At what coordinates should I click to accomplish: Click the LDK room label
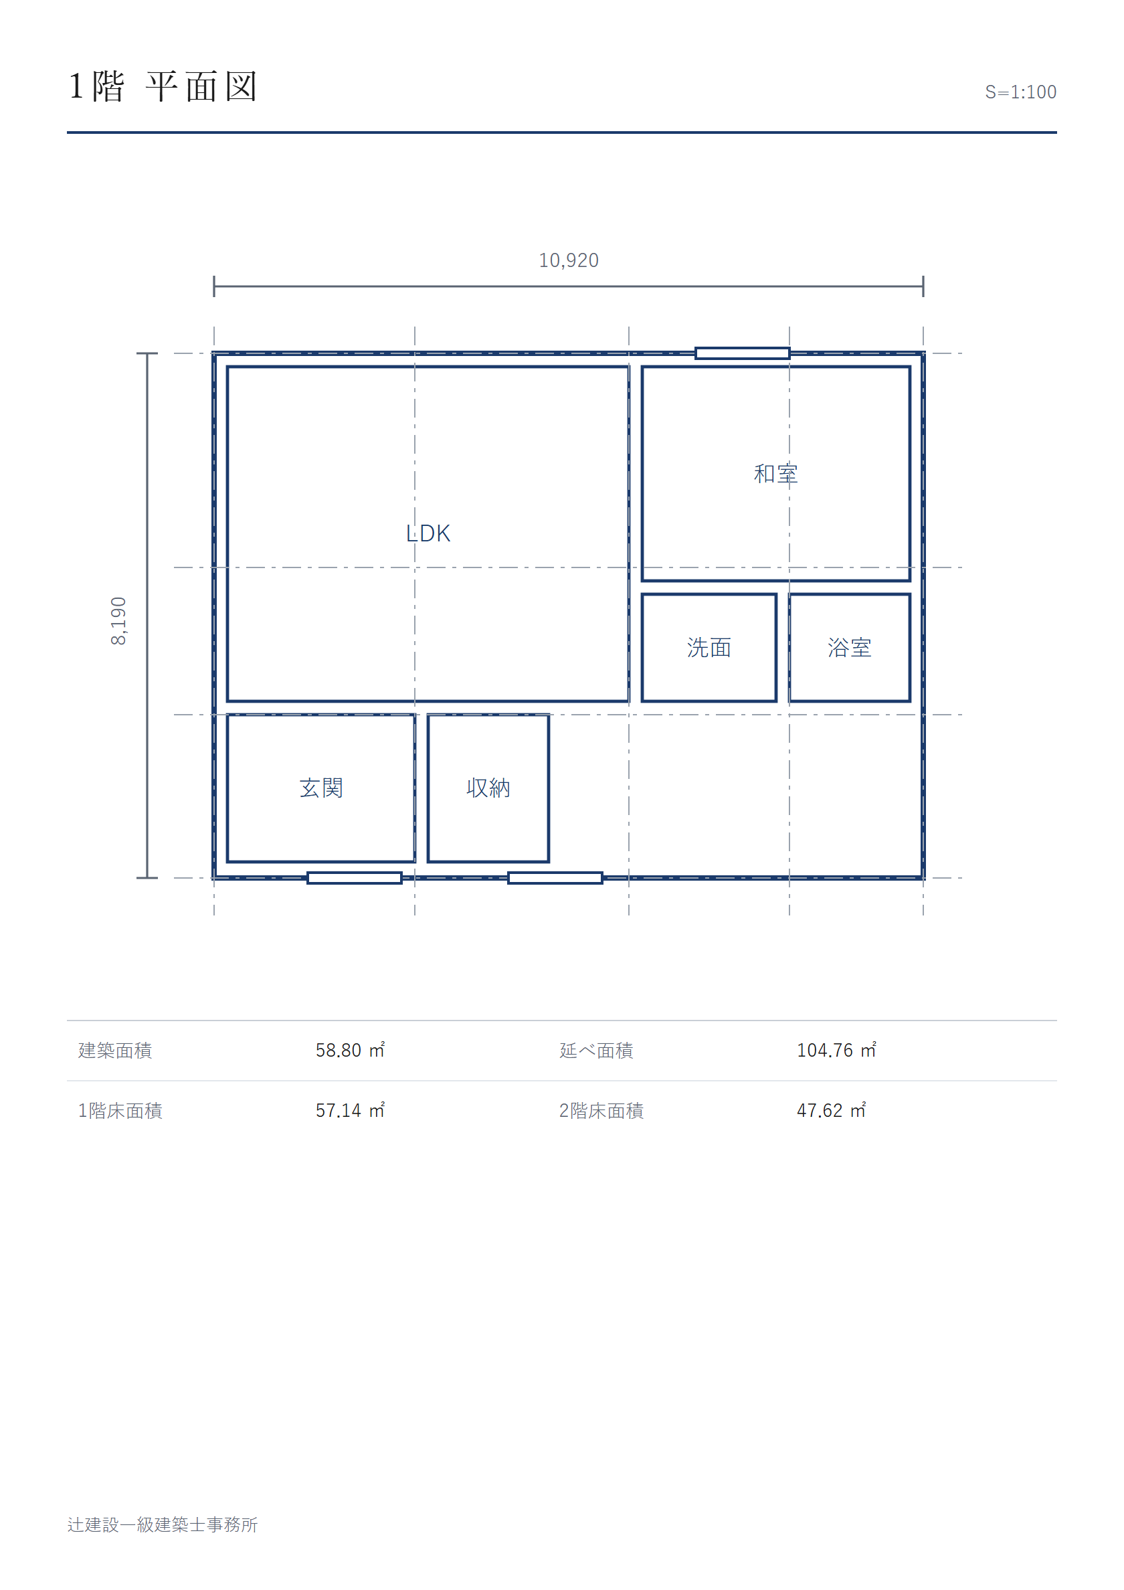tap(428, 533)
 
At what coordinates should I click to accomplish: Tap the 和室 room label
tap(775, 474)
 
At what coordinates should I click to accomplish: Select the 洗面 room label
tap(709, 648)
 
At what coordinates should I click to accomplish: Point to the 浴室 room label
tap(849, 648)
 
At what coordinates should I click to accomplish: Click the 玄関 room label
tap(321, 788)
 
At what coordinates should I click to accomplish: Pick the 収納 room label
tap(488, 788)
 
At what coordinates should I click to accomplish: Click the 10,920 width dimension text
tap(569, 260)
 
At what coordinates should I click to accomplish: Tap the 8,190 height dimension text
tap(118, 620)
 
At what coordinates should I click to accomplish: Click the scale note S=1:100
tap(1020, 92)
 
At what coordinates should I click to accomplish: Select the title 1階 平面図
tap(163, 86)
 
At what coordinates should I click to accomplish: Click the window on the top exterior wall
tap(743, 353)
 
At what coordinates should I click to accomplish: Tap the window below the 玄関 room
tap(355, 878)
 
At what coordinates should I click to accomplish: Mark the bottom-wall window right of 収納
tap(555, 878)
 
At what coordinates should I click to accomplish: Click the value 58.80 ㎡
tap(351, 1051)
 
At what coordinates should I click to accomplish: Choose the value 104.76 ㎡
tap(836, 1051)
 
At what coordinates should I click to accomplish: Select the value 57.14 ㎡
tap(351, 1111)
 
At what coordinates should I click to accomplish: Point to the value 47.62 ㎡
tap(831, 1111)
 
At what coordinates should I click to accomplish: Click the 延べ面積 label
tap(596, 1051)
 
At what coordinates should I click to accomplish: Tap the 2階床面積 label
tap(601, 1111)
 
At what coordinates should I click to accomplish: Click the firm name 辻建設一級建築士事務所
tap(163, 1525)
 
